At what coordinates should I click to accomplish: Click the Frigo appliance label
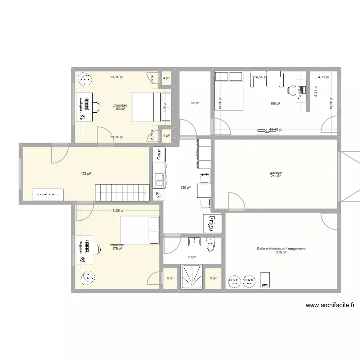click(x=211, y=223)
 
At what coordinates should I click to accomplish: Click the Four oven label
click(x=159, y=155)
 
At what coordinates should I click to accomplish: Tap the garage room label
click(x=276, y=173)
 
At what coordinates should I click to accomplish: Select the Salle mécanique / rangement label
click(x=281, y=249)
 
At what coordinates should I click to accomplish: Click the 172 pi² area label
click(x=86, y=173)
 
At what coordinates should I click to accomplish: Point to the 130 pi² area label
click(x=185, y=187)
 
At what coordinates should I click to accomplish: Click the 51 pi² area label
click(x=195, y=103)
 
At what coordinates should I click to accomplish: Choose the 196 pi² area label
click(x=275, y=103)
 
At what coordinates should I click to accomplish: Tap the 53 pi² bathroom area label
click(x=192, y=257)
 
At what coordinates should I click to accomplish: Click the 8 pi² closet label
click(x=170, y=278)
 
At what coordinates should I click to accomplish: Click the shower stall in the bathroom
click(x=193, y=277)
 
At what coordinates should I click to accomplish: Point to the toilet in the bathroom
click(x=210, y=244)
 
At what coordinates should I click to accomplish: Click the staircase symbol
click(x=121, y=192)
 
